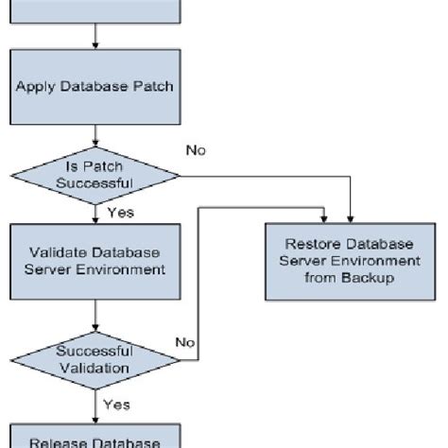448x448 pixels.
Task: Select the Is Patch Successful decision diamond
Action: point(95,174)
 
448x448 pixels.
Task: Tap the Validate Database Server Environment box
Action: point(95,261)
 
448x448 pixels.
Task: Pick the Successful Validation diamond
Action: point(95,359)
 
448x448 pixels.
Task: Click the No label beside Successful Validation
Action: point(186,342)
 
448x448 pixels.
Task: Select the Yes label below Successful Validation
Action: point(117,405)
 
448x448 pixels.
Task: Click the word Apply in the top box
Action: point(31,86)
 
